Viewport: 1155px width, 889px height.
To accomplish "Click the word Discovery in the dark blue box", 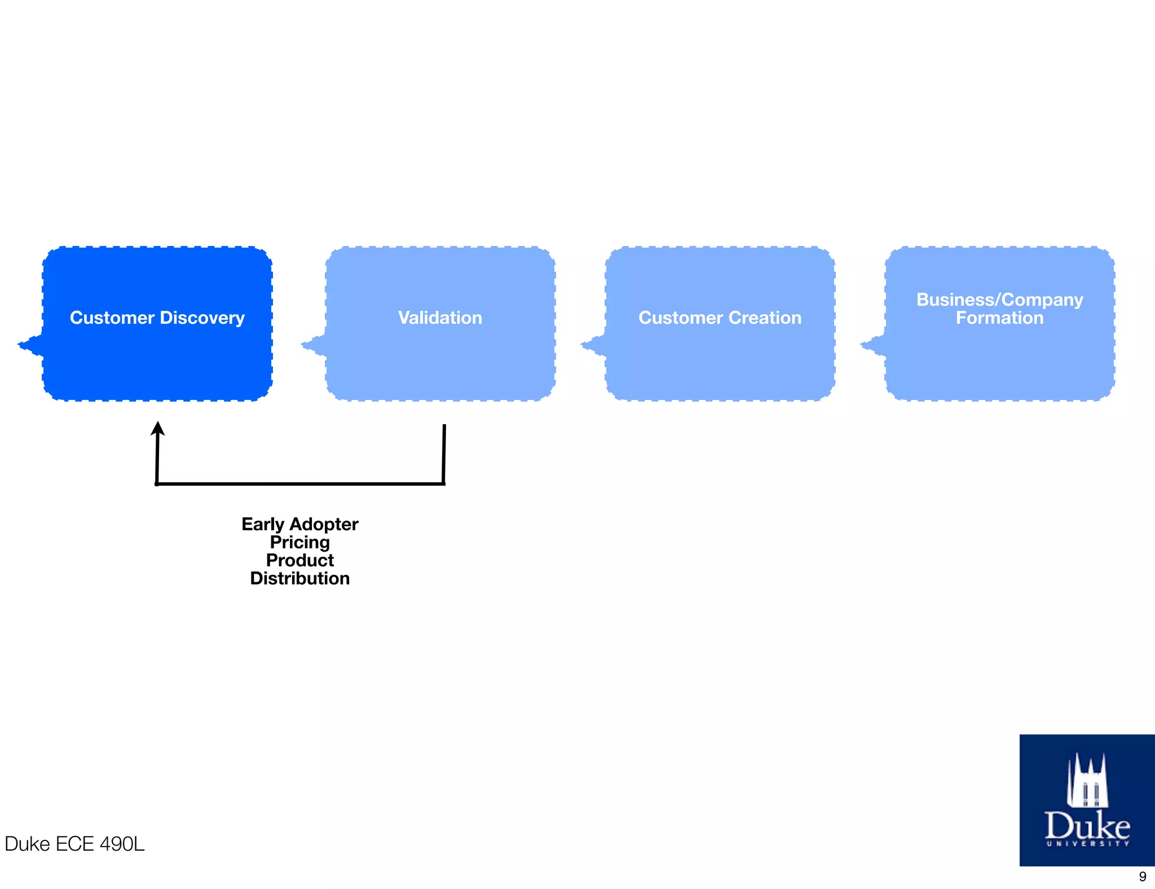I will tap(202, 318).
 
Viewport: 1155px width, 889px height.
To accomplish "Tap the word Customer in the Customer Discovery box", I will tap(112, 318).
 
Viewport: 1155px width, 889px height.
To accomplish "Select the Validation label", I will tap(440, 318).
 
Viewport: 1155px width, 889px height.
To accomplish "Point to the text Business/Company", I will tap(999, 300).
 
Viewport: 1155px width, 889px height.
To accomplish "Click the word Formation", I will tap(999, 318).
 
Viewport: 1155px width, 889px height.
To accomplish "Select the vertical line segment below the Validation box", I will tap(444, 454).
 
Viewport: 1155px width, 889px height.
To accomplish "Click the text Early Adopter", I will tap(300, 524).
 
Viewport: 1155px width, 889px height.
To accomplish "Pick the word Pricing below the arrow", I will tap(300, 542).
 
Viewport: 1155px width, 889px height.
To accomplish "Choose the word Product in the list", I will tap(300, 560).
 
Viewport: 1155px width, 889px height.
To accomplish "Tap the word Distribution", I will tap(300, 578).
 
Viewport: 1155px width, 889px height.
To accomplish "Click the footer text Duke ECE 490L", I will tap(74, 844).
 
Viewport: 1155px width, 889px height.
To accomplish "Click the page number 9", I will tap(1142, 877).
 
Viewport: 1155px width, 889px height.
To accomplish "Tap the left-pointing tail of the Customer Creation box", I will tap(593, 345).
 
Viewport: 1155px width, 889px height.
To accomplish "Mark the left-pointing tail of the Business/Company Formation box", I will tap(872, 345).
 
